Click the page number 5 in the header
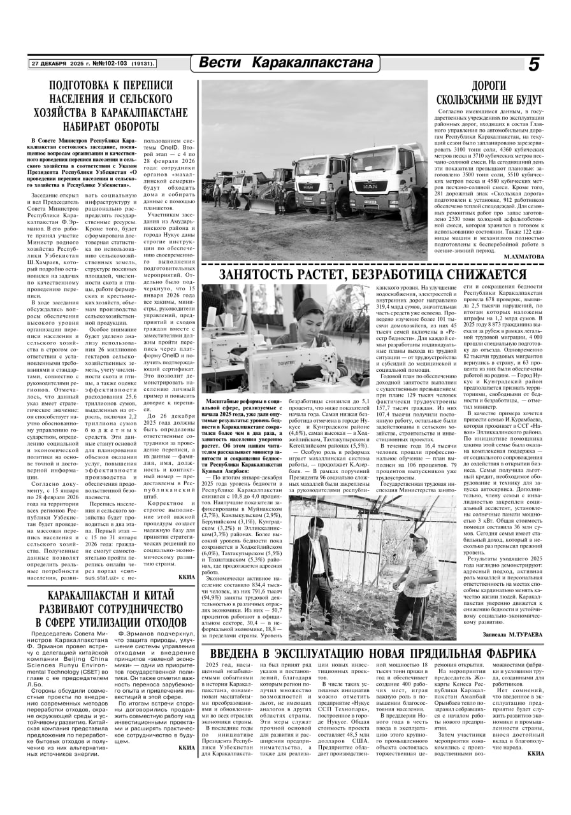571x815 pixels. pos(533,64)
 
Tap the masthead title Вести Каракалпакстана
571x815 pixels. pos(285,64)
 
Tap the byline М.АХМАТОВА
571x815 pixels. pos(524,256)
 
